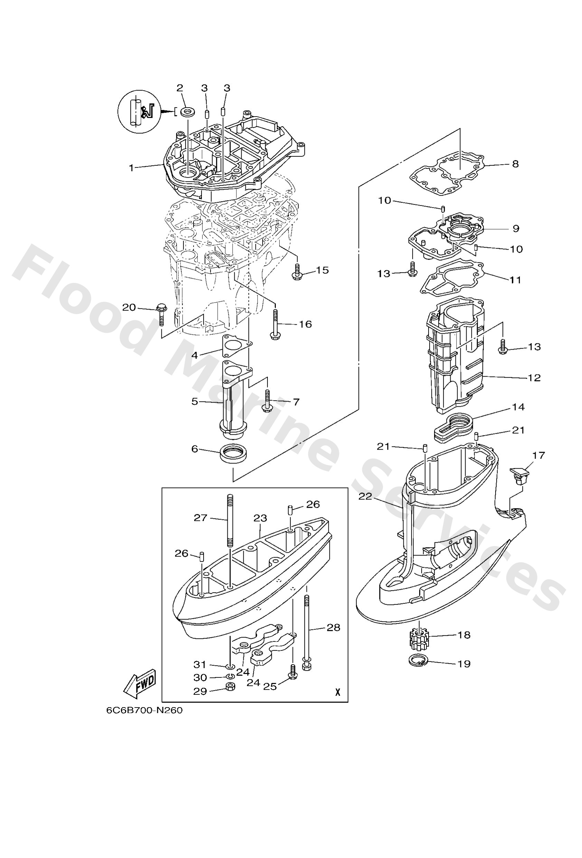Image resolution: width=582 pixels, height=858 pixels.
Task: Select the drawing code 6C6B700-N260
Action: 144,710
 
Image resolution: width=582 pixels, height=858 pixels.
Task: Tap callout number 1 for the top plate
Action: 131,168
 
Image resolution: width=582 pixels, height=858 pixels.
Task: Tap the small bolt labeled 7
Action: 266,400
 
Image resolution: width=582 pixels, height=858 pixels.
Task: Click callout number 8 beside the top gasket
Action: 515,164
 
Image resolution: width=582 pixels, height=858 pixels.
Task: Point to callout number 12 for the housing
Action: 534,378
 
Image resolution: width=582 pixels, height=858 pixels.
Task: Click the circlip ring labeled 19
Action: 418,661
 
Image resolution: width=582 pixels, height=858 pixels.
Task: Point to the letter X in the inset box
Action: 337,692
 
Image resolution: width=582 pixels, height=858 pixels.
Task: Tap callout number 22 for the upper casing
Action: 365,497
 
